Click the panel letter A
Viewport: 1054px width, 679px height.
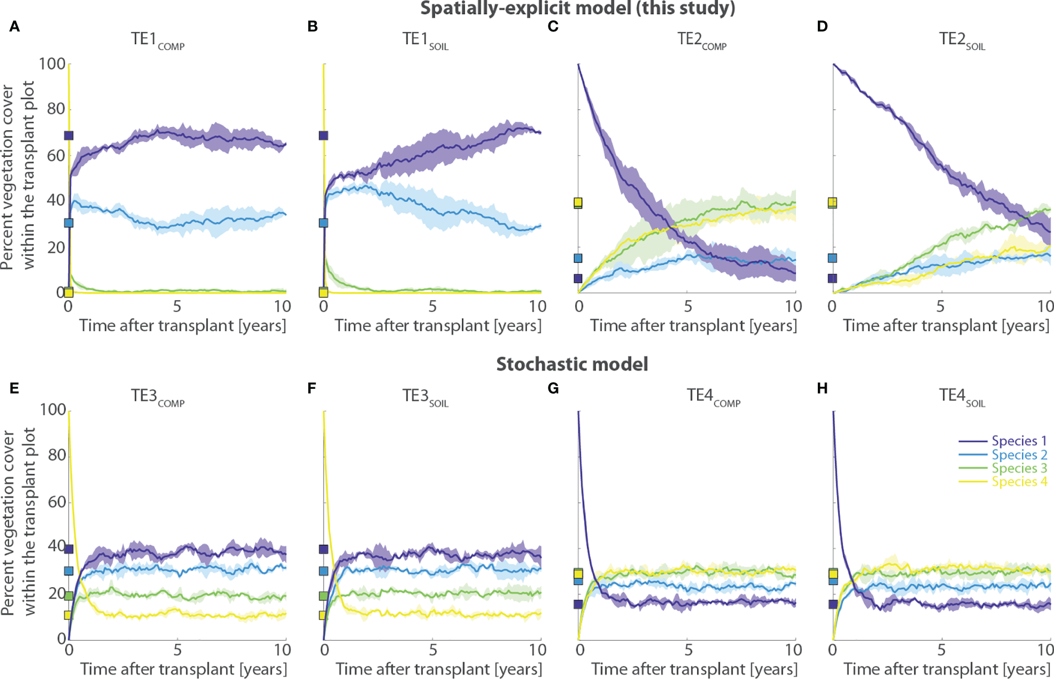15,26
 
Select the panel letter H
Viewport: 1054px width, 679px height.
822,388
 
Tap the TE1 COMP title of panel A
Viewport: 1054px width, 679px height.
157,40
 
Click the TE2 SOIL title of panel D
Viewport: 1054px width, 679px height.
962,40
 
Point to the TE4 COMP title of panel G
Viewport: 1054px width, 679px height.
713,396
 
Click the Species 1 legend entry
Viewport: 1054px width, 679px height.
1019,441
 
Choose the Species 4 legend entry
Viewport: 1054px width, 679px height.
1019,482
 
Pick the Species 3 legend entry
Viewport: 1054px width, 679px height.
1019,468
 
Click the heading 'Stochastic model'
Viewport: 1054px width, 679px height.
572,364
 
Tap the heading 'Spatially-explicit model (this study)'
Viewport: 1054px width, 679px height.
577,8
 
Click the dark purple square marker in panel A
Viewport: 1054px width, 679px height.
68,135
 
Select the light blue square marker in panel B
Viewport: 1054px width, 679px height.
323,223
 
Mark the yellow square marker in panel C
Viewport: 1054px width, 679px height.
578,202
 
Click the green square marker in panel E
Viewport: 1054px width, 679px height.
68,596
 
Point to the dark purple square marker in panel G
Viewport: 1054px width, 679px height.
578,604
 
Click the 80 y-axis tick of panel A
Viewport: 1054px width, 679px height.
56,109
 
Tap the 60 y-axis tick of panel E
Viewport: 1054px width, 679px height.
56,502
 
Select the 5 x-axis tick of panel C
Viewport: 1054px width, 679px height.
687,306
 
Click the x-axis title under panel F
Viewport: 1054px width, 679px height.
438,669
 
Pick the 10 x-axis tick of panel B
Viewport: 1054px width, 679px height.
537,306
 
